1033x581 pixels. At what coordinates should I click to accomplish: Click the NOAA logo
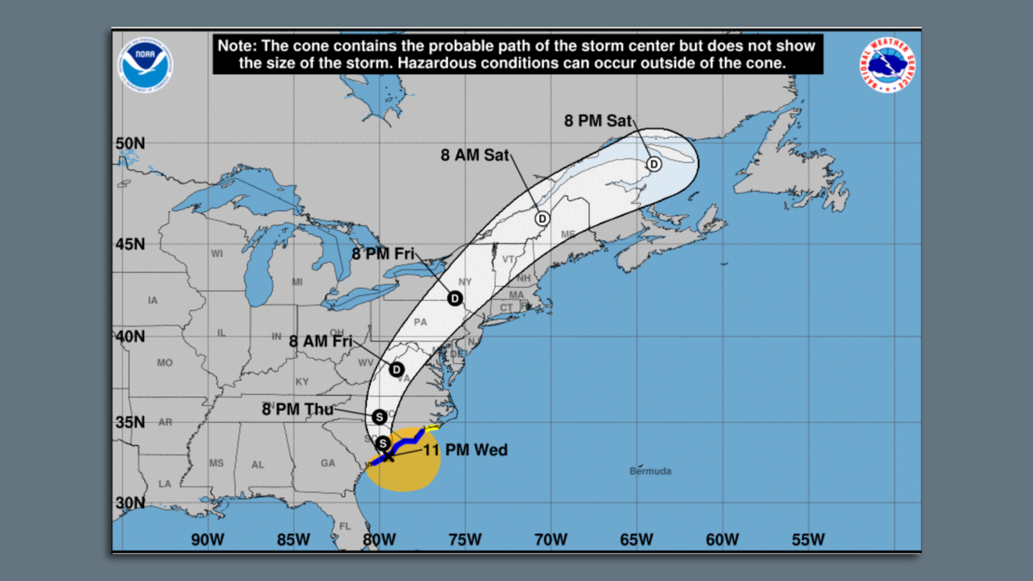tap(145, 65)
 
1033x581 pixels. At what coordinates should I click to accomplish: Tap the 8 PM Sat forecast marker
tap(654, 164)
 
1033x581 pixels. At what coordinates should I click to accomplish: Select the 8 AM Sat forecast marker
tap(542, 218)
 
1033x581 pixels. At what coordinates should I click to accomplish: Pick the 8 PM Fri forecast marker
tap(455, 299)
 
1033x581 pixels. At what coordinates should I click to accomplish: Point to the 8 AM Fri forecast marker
tap(397, 370)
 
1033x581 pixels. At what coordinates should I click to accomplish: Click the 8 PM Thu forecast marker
tap(379, 417)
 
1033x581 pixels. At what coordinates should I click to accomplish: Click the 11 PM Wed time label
tap(465, 450)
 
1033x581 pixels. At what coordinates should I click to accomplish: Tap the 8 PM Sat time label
tap(597, 121)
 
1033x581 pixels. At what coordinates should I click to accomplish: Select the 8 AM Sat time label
tap(475, 155)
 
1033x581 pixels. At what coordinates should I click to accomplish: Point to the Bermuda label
tap(650, 471)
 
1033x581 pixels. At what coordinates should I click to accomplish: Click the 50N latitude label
tap(130, 144)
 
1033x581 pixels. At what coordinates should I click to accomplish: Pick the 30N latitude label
tap(130, 503)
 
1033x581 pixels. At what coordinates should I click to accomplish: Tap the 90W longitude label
tap(208, 540)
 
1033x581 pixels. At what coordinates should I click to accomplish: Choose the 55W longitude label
tap(808, 540)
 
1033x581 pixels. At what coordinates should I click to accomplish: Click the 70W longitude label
tap(551, 540)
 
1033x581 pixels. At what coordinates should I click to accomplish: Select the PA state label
tap(420, 322)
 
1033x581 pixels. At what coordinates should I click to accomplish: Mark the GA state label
tap(328, 463)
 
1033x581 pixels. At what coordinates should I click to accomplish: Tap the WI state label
tap(217, 253)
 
